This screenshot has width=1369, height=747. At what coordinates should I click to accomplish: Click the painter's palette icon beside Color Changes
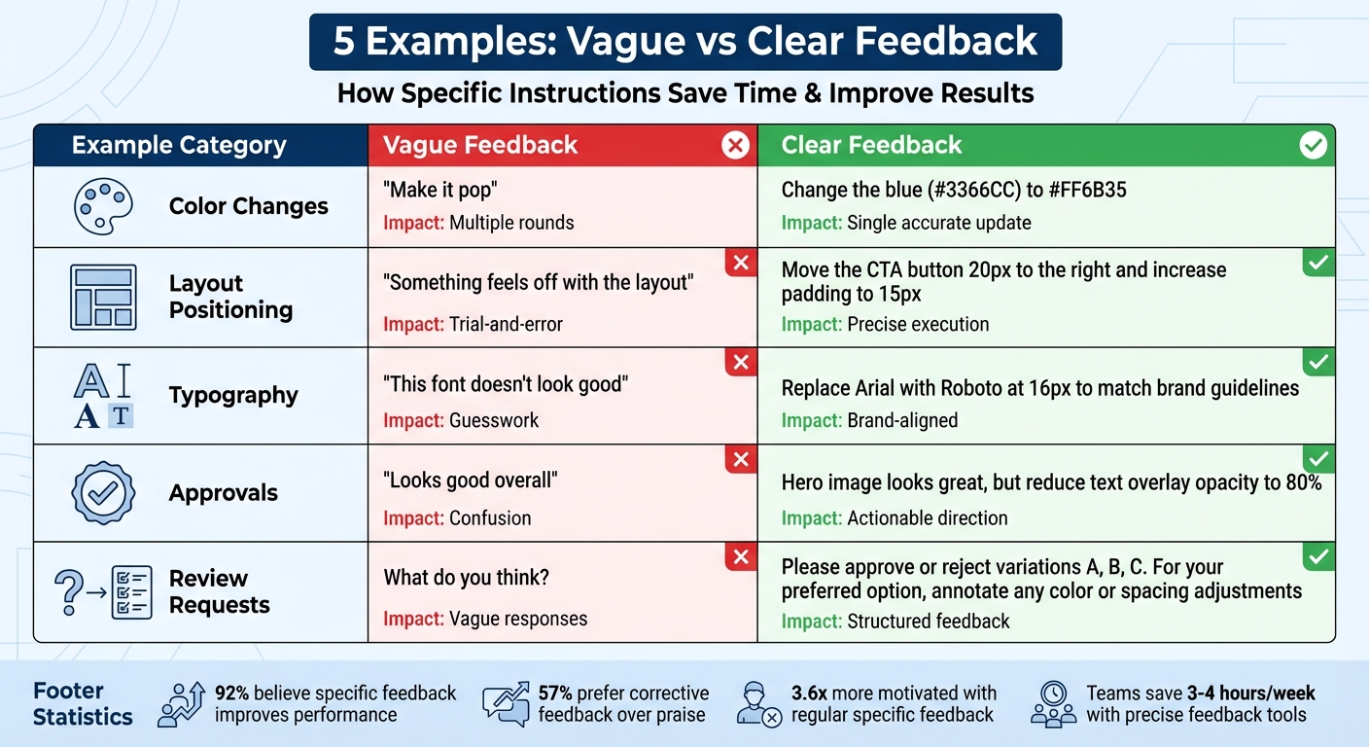click(103, 206)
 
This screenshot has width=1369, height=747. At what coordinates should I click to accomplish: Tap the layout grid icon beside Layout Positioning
click(103, 297)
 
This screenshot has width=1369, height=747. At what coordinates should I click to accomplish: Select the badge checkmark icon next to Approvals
click(103, 493)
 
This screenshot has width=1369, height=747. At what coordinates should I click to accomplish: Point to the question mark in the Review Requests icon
click(67, 590)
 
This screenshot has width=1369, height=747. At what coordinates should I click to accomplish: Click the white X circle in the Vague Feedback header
click(735, 146)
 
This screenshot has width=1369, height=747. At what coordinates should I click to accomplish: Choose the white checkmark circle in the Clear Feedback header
click(1313, 146)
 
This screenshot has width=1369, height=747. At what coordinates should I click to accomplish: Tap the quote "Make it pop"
click(440, 190)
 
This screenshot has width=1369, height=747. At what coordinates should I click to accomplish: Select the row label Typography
click(233, 395)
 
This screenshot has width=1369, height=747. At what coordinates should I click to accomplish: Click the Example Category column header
click(179, 146)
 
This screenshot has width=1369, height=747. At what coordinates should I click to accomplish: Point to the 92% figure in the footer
click(231, 693)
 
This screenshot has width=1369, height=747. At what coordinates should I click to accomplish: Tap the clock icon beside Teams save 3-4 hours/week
click(1054, 693)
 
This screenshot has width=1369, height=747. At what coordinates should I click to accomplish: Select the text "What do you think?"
click(467, 578)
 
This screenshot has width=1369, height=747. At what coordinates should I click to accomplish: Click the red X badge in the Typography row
click(741, 363)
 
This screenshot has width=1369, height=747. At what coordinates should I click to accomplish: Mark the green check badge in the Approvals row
click(1318, 459)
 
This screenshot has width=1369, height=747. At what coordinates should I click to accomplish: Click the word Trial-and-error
click(506, 324)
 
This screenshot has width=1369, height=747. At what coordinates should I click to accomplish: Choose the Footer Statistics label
click(83, 704)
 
